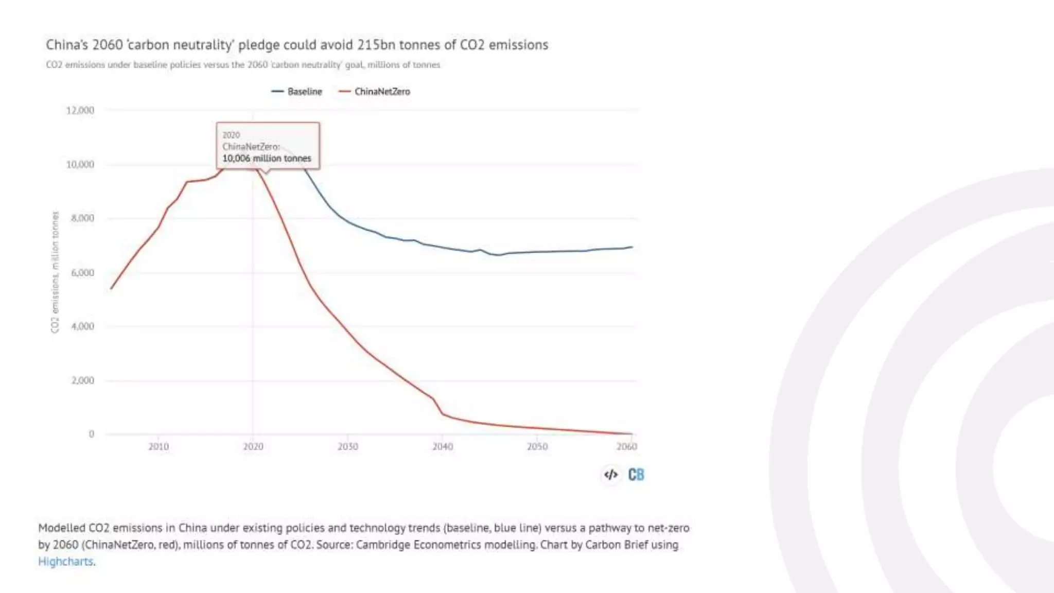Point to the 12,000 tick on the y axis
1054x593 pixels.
pos(80,110)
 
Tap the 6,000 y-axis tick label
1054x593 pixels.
pos(82,272)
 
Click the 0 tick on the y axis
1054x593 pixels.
pos(92,434)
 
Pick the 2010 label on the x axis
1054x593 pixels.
pos(159,446)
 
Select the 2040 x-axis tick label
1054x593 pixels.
pos(443,446)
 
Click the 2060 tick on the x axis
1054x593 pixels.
pos(626,446)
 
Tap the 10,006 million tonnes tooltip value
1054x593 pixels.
pos(267,159)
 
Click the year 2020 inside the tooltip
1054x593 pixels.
pos(231,135)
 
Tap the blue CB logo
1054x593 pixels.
pos(636,475)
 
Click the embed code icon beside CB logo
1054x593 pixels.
pos(611,475)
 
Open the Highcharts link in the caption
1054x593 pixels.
pos(66,562)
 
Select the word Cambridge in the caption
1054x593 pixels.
pos(380,545)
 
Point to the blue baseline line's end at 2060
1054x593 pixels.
pos(631,247)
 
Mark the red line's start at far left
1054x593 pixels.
pos(111,288)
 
